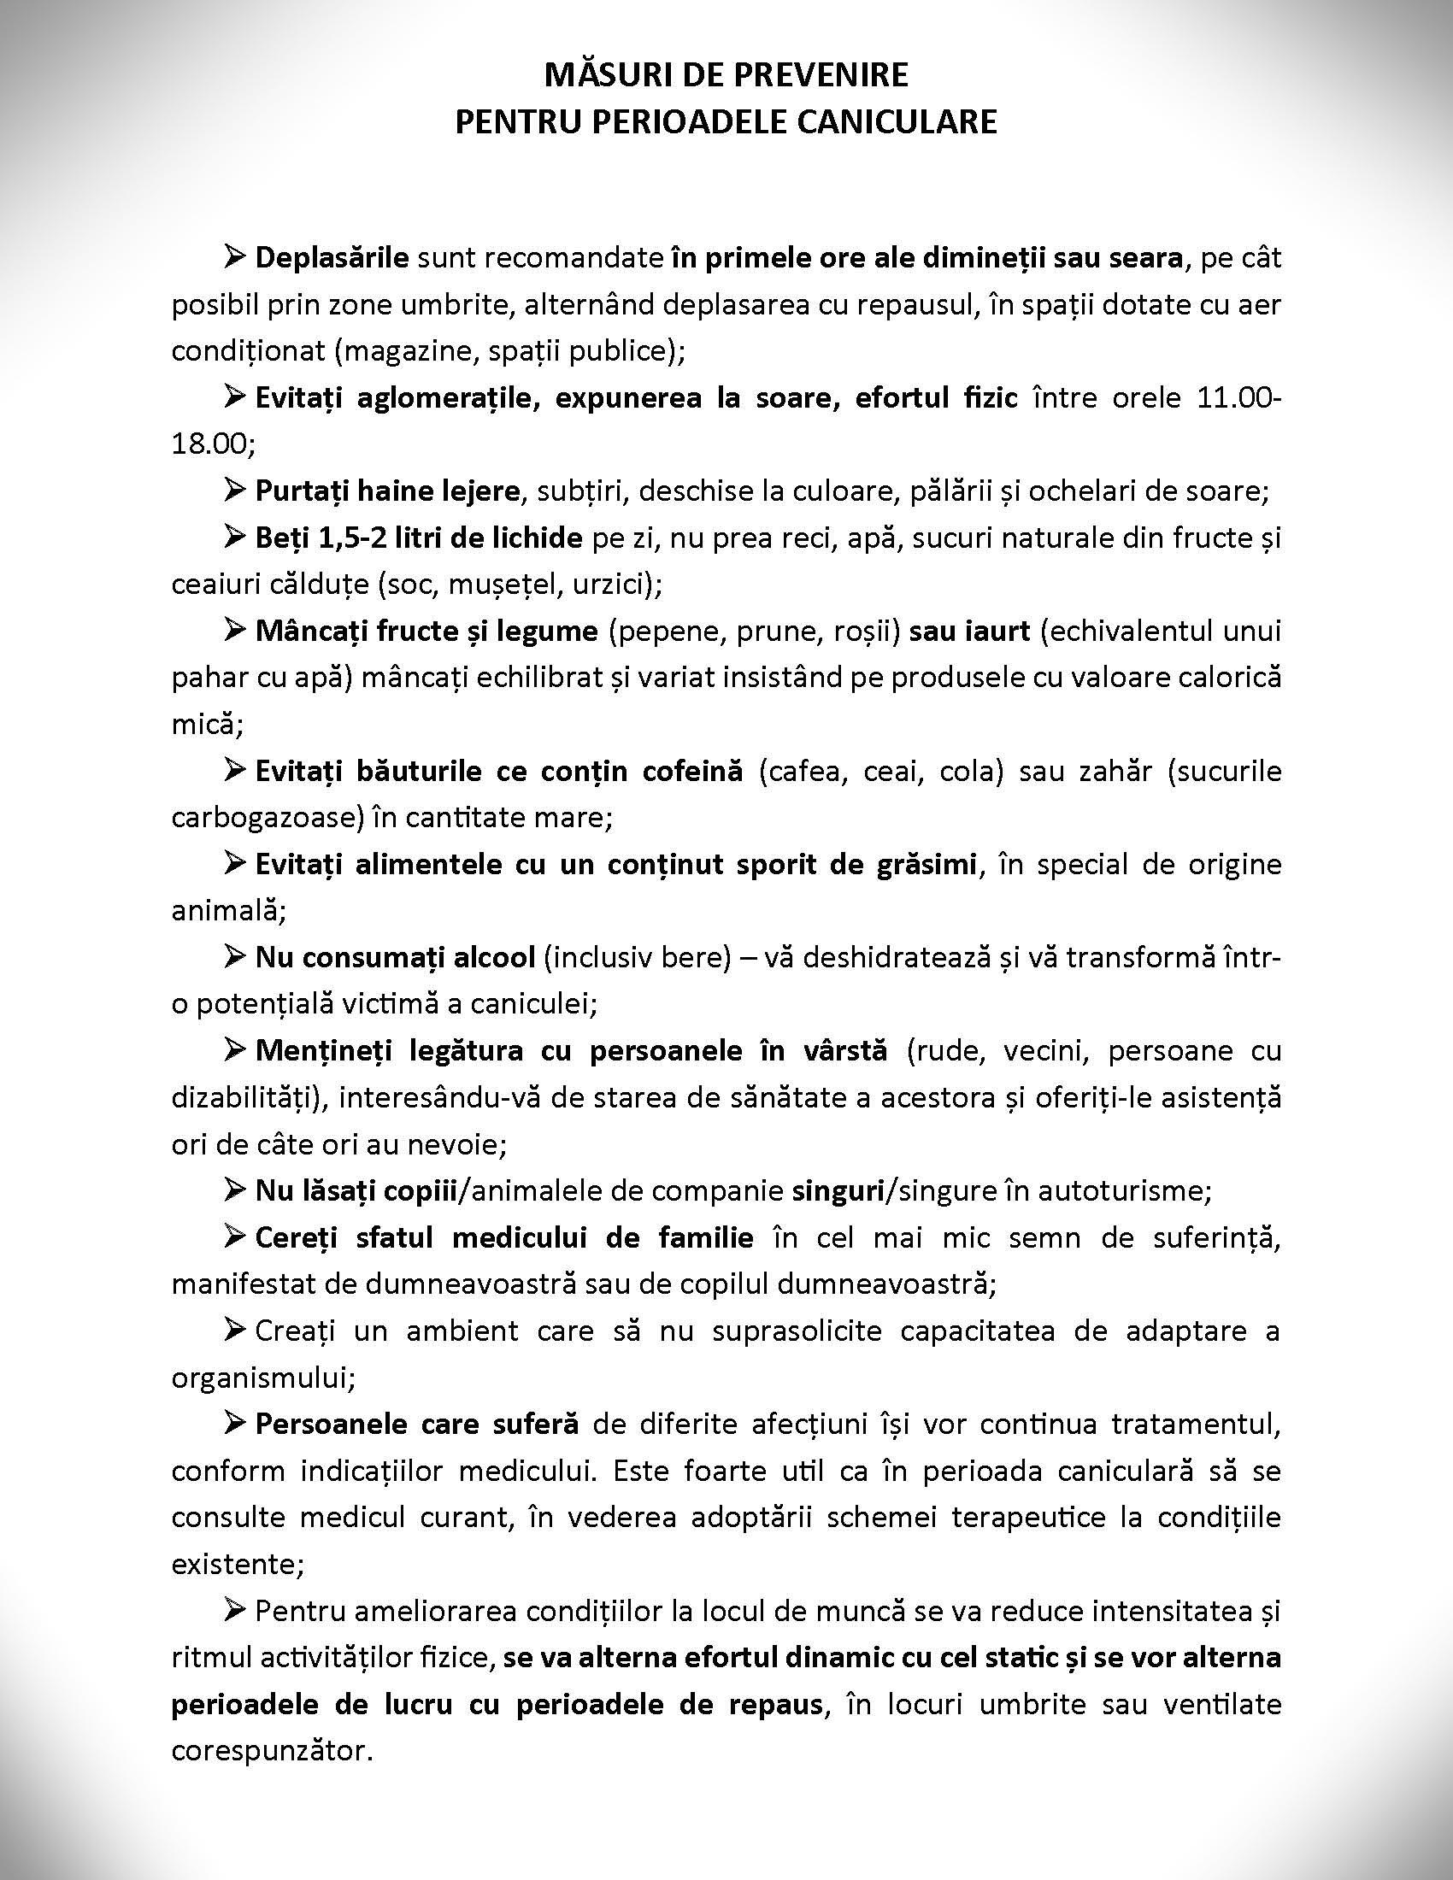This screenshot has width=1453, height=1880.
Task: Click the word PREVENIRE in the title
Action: [821, 76]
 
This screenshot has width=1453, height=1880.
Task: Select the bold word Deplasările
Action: [332, 257]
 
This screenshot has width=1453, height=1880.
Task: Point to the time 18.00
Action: [210, 444]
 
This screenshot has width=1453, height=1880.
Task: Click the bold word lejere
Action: [479, 491]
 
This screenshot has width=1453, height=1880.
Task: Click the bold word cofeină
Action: [692, 771]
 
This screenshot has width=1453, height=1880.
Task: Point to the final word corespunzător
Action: [271, 1750]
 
